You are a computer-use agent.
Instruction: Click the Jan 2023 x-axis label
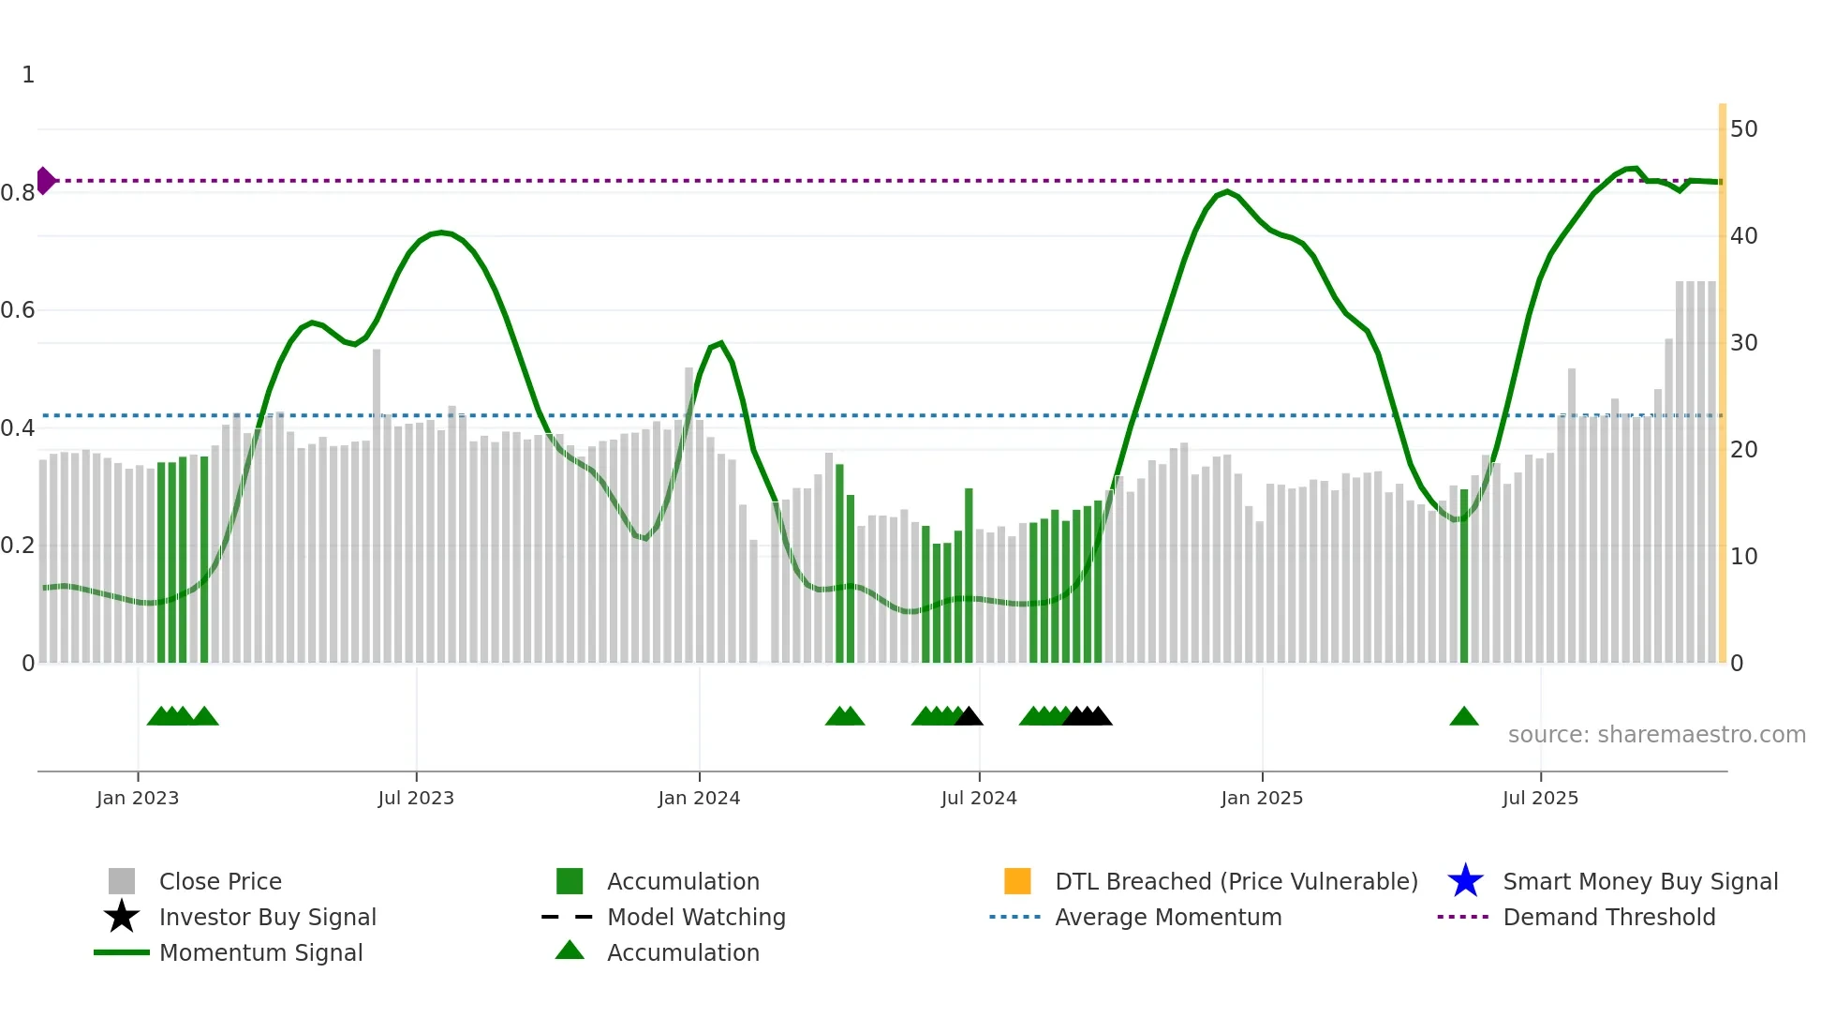(137, 798)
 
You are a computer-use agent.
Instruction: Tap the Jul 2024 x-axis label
(978, 798)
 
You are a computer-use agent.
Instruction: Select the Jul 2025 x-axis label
(1539, 798)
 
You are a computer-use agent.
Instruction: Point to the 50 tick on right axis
(1743, 129)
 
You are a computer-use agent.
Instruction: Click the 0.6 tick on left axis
(19, 310)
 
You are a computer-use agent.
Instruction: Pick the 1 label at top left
(28, 75)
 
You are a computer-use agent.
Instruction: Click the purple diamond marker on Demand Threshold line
(45, 181)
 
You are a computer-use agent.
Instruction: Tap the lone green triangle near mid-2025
(1463, 717)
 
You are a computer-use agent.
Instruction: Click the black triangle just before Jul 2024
(969, 717)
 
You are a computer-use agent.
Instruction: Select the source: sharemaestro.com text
(1656, 735)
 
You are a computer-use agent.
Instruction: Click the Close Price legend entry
(219, 881)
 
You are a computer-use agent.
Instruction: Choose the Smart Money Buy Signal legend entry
(1639, 881)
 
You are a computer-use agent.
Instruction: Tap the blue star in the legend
(1465, 881)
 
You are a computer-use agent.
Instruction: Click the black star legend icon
(122, 917)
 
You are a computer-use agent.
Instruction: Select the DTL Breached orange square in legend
(1017, 881)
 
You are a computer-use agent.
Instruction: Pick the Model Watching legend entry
(695, 917)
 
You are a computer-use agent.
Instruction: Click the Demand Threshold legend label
(1608, 917)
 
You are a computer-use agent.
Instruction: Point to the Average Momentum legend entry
(1167, 917)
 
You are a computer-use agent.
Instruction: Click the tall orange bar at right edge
(1722, 384)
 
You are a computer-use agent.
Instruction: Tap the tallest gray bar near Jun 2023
(377, 506)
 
